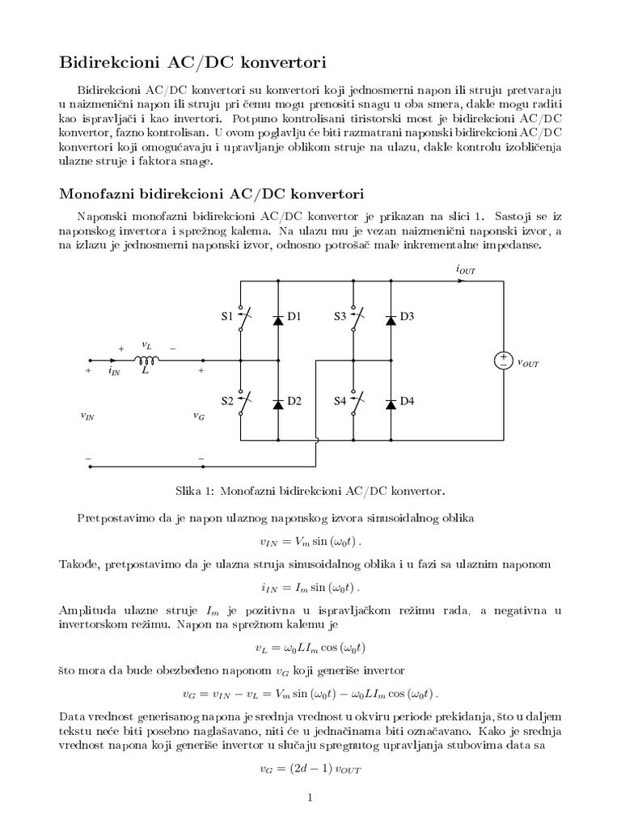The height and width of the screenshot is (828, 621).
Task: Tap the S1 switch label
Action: click(227, 317)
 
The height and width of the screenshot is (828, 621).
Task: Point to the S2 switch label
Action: click(227, 401)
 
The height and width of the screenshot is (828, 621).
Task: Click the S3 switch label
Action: click(340, 317)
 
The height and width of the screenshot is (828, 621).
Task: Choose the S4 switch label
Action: click(340, 401)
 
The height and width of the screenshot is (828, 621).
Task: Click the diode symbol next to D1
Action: click(277, 318)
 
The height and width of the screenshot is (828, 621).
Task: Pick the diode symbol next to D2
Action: click(277, 402)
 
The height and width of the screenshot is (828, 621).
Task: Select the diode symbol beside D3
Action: click(391, 318)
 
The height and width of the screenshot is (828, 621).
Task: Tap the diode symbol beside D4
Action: click(391, 402)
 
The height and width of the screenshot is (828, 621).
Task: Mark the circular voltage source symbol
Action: click(503, 361)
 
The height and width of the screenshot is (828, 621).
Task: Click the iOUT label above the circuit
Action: click(466, 269)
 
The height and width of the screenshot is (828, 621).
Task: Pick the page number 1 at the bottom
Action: click(310, 799)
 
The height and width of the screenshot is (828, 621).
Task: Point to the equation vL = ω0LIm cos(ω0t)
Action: click(310, 647)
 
